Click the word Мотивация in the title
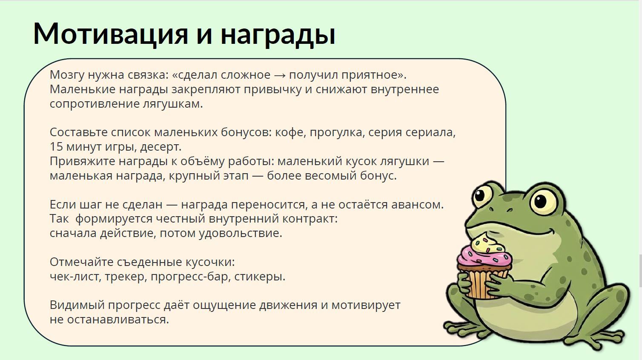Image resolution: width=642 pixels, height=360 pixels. pyautogui.click(x=111, y=34)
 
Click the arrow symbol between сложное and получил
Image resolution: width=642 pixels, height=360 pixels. pyautogui.click(x=279, y=75)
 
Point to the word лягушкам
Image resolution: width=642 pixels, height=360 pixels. pyautogui.click(x=172, y=104)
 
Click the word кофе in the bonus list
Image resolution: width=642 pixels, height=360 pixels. pyautogui.click(x=290, y=132)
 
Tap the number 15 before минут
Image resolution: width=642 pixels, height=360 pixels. pyautogui.click(x=56, y=147)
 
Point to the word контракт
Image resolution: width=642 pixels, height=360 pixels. pyautogui.click(x=310, y=219)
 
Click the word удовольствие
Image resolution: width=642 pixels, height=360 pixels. pyautogui.click(x=241, y=233)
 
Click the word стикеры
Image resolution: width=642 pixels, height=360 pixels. pyautogui.click(x=260, y=277)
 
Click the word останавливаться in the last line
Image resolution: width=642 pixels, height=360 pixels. pyautogui.click(x=118, y=320)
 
